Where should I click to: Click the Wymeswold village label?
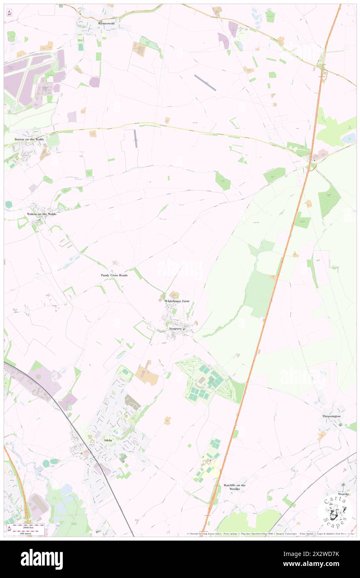pos(106,24)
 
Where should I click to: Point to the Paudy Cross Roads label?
pos(114,275)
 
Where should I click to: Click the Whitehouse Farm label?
pos(177,301)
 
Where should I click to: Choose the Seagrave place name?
pos(175,329)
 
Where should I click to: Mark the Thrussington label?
pos(332,416)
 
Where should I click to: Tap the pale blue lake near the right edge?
pos(348,137)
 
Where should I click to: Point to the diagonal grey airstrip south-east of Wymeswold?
pos(205,82)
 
